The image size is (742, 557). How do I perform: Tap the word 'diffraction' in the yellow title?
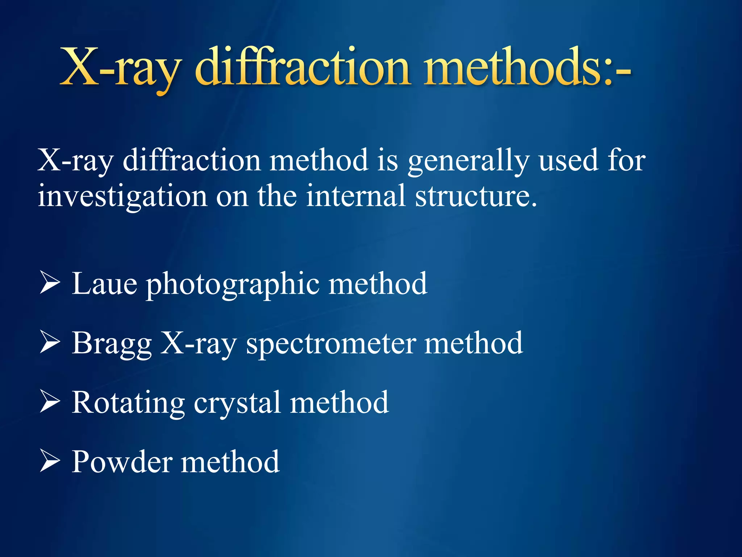coord(303,68)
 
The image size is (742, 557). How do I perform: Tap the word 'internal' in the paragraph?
coord(355,196)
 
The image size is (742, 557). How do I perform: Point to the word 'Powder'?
coord(122,462)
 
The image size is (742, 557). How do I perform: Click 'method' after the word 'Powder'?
coord(230,462)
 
